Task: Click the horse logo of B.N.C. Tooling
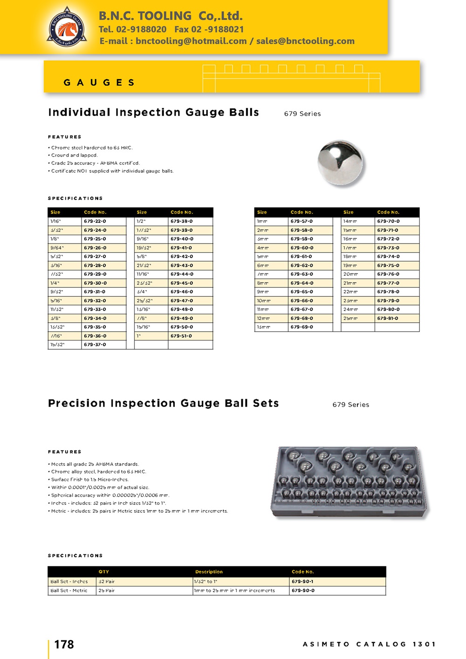(x=67, y=27)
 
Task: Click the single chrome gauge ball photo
(x=340, y=163)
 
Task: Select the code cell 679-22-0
(x=95, y=221)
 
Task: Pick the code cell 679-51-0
(x=181, y=336)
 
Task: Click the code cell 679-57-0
(x=302, y=221)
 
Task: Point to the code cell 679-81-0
(x=388, y=318)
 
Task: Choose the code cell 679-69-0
(x=302, y=327)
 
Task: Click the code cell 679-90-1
(x=302, y=581)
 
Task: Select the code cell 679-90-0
(x=302, y=590)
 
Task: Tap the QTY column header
(x=103, y=571)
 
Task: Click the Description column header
(x=209, y=571)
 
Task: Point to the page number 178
(x=64, y=644)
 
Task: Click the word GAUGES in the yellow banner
(x=99, y=82)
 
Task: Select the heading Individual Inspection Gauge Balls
(x=153, y=112)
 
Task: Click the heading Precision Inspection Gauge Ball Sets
(x=163, y=403)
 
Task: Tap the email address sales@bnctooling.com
(x=305, y=41)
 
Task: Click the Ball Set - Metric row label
(x=69, y=590)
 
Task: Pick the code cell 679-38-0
(x=181, y=221)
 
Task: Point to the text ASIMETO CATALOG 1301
(x=369, y=644)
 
